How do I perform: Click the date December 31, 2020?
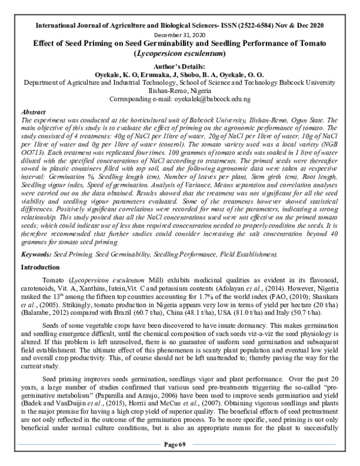tap(179, 35)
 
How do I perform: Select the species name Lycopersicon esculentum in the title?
tap(179, 54)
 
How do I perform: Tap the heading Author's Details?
tap(179, 64)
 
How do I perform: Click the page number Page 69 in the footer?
tap(179, 460)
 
